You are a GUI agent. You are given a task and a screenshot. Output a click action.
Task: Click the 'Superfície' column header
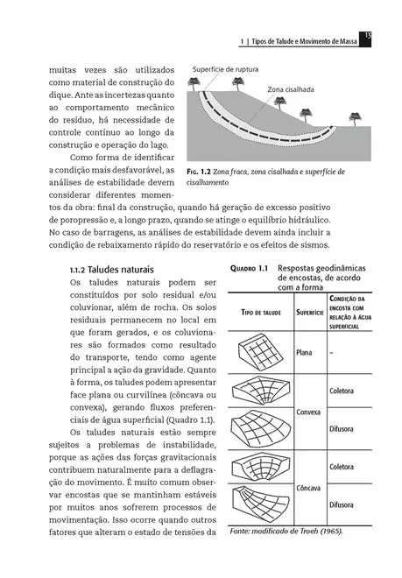point(307,311)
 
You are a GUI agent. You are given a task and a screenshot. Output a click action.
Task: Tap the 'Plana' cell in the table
point(305,353)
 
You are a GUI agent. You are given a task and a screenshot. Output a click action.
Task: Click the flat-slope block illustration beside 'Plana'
point(260,353)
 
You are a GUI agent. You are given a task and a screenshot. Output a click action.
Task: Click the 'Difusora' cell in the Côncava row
point(341,505)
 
